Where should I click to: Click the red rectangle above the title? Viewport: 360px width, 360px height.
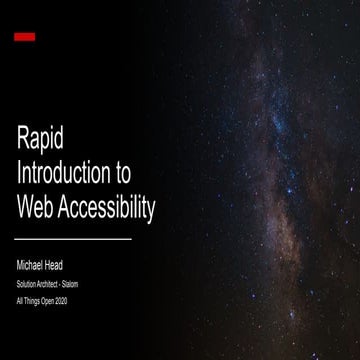pyautogui.click(x=25, y=37)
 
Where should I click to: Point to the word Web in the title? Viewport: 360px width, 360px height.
pyautogui.click(x=38, y=207)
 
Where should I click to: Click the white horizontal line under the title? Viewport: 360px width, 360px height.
pyautogui.click(x=74, y=240)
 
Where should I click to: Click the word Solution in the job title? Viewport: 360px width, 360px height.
pyautogui.click(x=26, y=284)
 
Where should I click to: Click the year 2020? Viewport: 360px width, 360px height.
pyautogui.click(x=64, y=301)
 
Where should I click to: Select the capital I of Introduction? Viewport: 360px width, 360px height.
pyautogui.click(x=19, y=174)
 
